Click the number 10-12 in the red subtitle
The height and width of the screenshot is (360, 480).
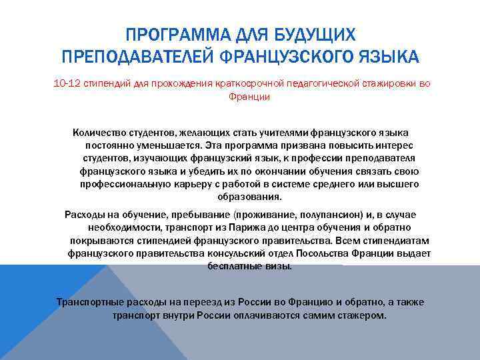[x=66, y=83]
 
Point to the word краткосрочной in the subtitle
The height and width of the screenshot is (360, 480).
[x=252, y=83]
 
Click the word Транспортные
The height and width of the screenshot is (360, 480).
[x=87, y=301]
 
